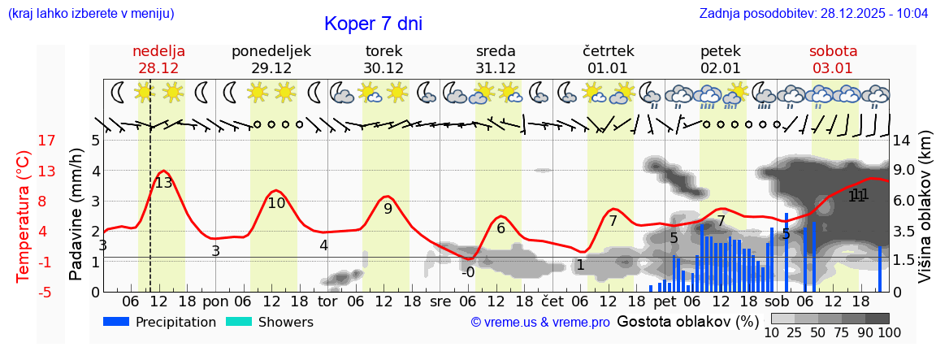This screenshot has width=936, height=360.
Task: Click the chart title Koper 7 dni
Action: click(x=373, y=24)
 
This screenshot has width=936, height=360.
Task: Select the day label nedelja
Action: click(x=159, y=51)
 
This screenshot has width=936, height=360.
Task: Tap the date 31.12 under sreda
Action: click(x=496, y=68)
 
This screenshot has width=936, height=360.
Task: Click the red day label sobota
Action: click(x=833, y=51)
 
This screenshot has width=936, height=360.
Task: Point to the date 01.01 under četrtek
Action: click(x=608, y=68)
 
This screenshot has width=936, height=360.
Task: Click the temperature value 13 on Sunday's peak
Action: click(x=163, y=183)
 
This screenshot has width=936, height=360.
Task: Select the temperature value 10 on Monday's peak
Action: click(x=276, y=203)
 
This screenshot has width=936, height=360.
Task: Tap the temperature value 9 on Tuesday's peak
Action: click(x=388, y=209)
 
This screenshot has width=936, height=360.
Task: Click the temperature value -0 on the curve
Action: click(x=467, y=272)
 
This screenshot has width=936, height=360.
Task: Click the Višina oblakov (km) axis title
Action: click(x=925, y=216)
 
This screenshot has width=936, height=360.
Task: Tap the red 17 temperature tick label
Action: click(x=24, y=141)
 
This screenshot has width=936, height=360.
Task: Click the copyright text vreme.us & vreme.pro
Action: click(x=540, y=323)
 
